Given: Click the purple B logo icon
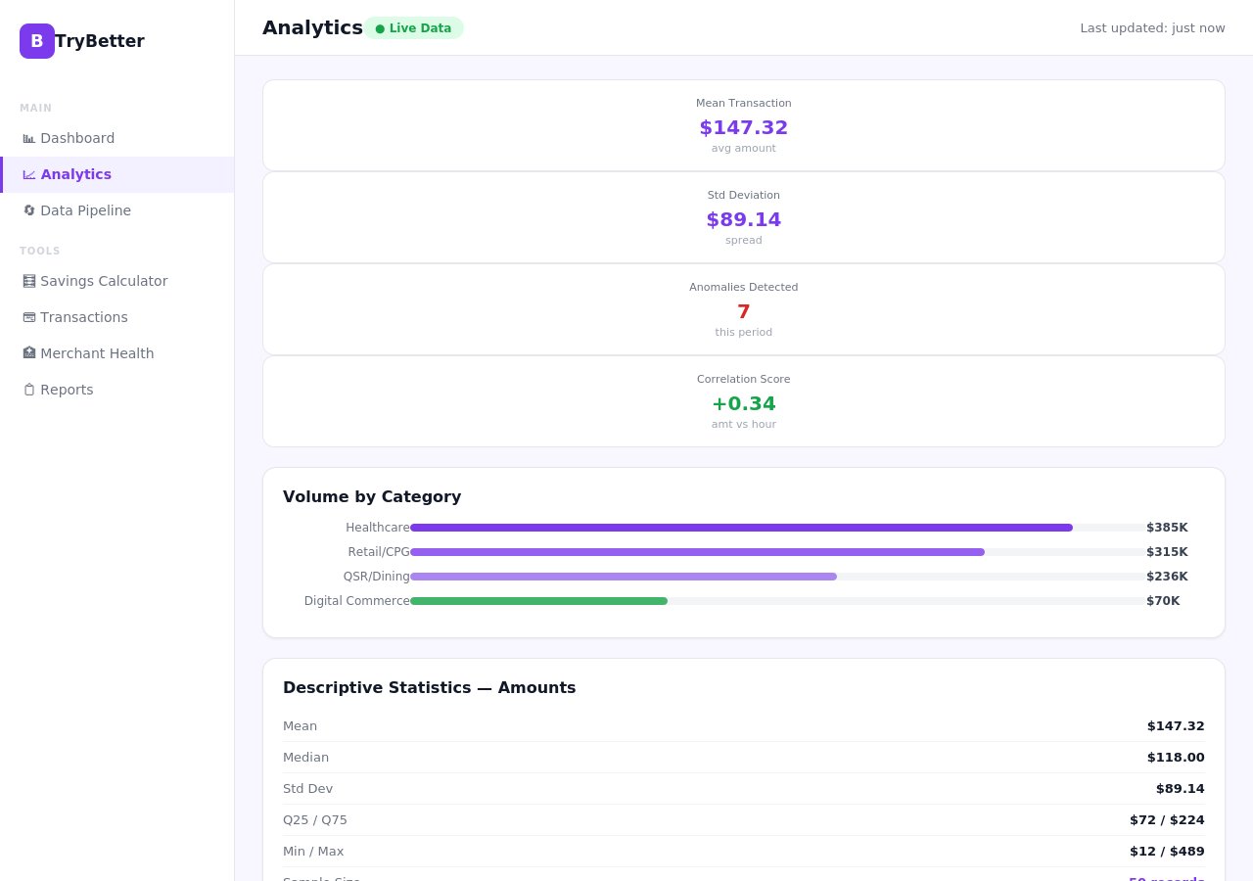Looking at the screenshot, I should click(x=37, y=41).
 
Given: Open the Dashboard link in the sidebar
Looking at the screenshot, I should click(x=77, y=138).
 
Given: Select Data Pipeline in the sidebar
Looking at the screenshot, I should click(x=85, y=210).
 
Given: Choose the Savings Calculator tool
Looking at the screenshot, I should click(x=104, y=281).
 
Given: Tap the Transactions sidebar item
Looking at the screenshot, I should click(x=83, y=317).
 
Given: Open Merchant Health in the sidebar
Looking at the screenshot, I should click(x=97, y=353).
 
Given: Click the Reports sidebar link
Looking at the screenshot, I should click(x=67, y=390).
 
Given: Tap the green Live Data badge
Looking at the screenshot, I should click(x=413, y=28).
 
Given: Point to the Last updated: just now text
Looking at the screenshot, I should click(x=1152, y=28).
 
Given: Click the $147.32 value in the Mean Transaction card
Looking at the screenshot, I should click(x=743, y=128).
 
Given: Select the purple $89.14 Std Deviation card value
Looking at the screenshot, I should click(x=743, y=220).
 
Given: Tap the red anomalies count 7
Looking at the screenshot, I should click(x=743, y=312).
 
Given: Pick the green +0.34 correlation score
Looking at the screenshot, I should click(x=743, y=404).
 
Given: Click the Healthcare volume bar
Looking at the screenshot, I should click(x=741, y=528).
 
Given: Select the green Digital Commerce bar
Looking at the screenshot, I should click(x=538, y=601).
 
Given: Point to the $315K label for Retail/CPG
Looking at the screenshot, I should click(x=1167, y=552).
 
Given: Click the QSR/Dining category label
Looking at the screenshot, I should click(x=376, y=577).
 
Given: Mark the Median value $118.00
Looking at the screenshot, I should click(x=1176, y=758).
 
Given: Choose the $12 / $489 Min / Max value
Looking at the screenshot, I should click(x=1167, y=852).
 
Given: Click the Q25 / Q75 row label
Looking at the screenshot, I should click(x=315, y=820).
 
